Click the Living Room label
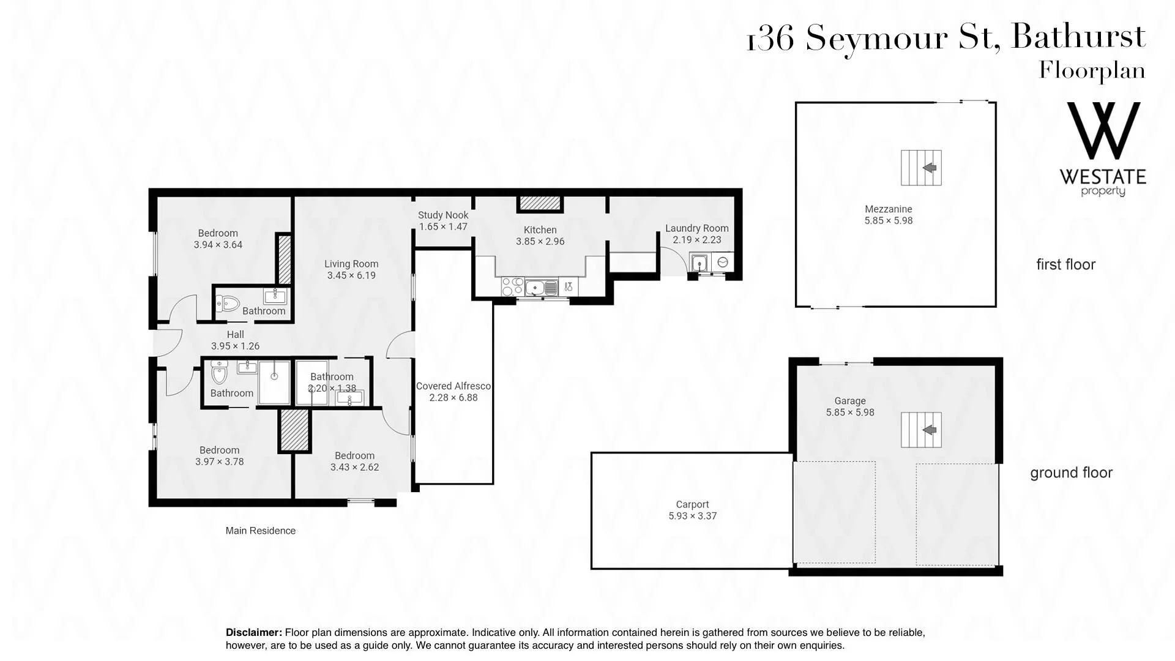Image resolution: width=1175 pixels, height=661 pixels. click(351, 264)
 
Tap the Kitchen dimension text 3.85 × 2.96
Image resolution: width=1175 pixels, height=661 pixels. click(540, 241)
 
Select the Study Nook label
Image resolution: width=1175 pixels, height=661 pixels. click(443, 215)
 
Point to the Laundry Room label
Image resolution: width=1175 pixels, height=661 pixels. click(697, 228)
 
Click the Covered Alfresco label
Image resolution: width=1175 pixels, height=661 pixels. click(453, 386)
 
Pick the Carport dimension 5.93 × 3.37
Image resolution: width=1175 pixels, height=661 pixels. click(692, 516)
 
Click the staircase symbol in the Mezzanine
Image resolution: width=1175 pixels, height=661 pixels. click(921, 168)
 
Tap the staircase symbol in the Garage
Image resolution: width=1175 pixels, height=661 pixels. click(921, 430)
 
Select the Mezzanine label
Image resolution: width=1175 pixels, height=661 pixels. click(889, 209)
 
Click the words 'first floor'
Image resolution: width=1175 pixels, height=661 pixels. click(1065, 264)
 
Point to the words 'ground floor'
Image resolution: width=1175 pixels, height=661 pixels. click(1071, 472)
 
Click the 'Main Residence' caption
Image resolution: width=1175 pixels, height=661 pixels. click(260, 531)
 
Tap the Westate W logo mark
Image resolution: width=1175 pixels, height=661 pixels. click(1103, 131)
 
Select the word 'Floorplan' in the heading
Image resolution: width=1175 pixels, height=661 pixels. click(1092, 70)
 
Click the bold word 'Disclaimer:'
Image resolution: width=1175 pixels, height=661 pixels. click(254, 632)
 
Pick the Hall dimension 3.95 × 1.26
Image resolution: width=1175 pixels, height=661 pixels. click(235, 346)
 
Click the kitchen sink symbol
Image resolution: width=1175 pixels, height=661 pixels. click(542, 287)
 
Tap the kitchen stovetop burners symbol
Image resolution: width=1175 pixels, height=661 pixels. click(512, 287)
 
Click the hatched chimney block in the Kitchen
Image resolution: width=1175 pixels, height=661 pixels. click(540, 203)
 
